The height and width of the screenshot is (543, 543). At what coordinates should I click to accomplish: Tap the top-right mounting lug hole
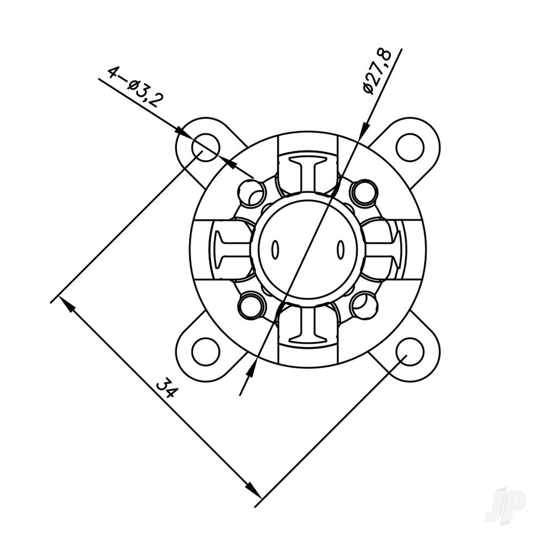click(x=409, y=147)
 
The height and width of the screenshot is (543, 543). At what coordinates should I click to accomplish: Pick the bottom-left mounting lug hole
click(x=206, y=351)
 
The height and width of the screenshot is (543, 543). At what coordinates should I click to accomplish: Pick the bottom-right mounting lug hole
click(x=410, y=351)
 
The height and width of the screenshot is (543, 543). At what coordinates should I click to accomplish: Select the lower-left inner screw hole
click(x=251, y=306)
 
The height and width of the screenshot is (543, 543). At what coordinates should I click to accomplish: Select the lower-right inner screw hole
click(x=363, y=306)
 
